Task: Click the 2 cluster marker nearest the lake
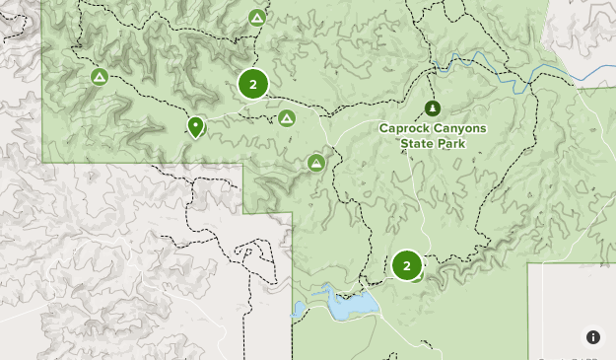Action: click(406, 265)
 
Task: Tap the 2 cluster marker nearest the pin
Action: click(253, 84)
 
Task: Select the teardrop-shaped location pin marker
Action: click(196, 126)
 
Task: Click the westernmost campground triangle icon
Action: click(99, 76)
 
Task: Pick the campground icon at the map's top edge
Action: click(257, 18)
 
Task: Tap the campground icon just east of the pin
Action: click(287, 118)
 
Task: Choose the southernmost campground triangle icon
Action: click(316, 162)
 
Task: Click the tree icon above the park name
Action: click(431, 108)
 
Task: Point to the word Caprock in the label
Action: click(405, 128)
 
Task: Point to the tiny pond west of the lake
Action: click(300, 311)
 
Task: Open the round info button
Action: click(593, 337)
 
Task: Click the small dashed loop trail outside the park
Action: click(251, 252)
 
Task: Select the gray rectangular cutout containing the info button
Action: click(572, 306)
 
